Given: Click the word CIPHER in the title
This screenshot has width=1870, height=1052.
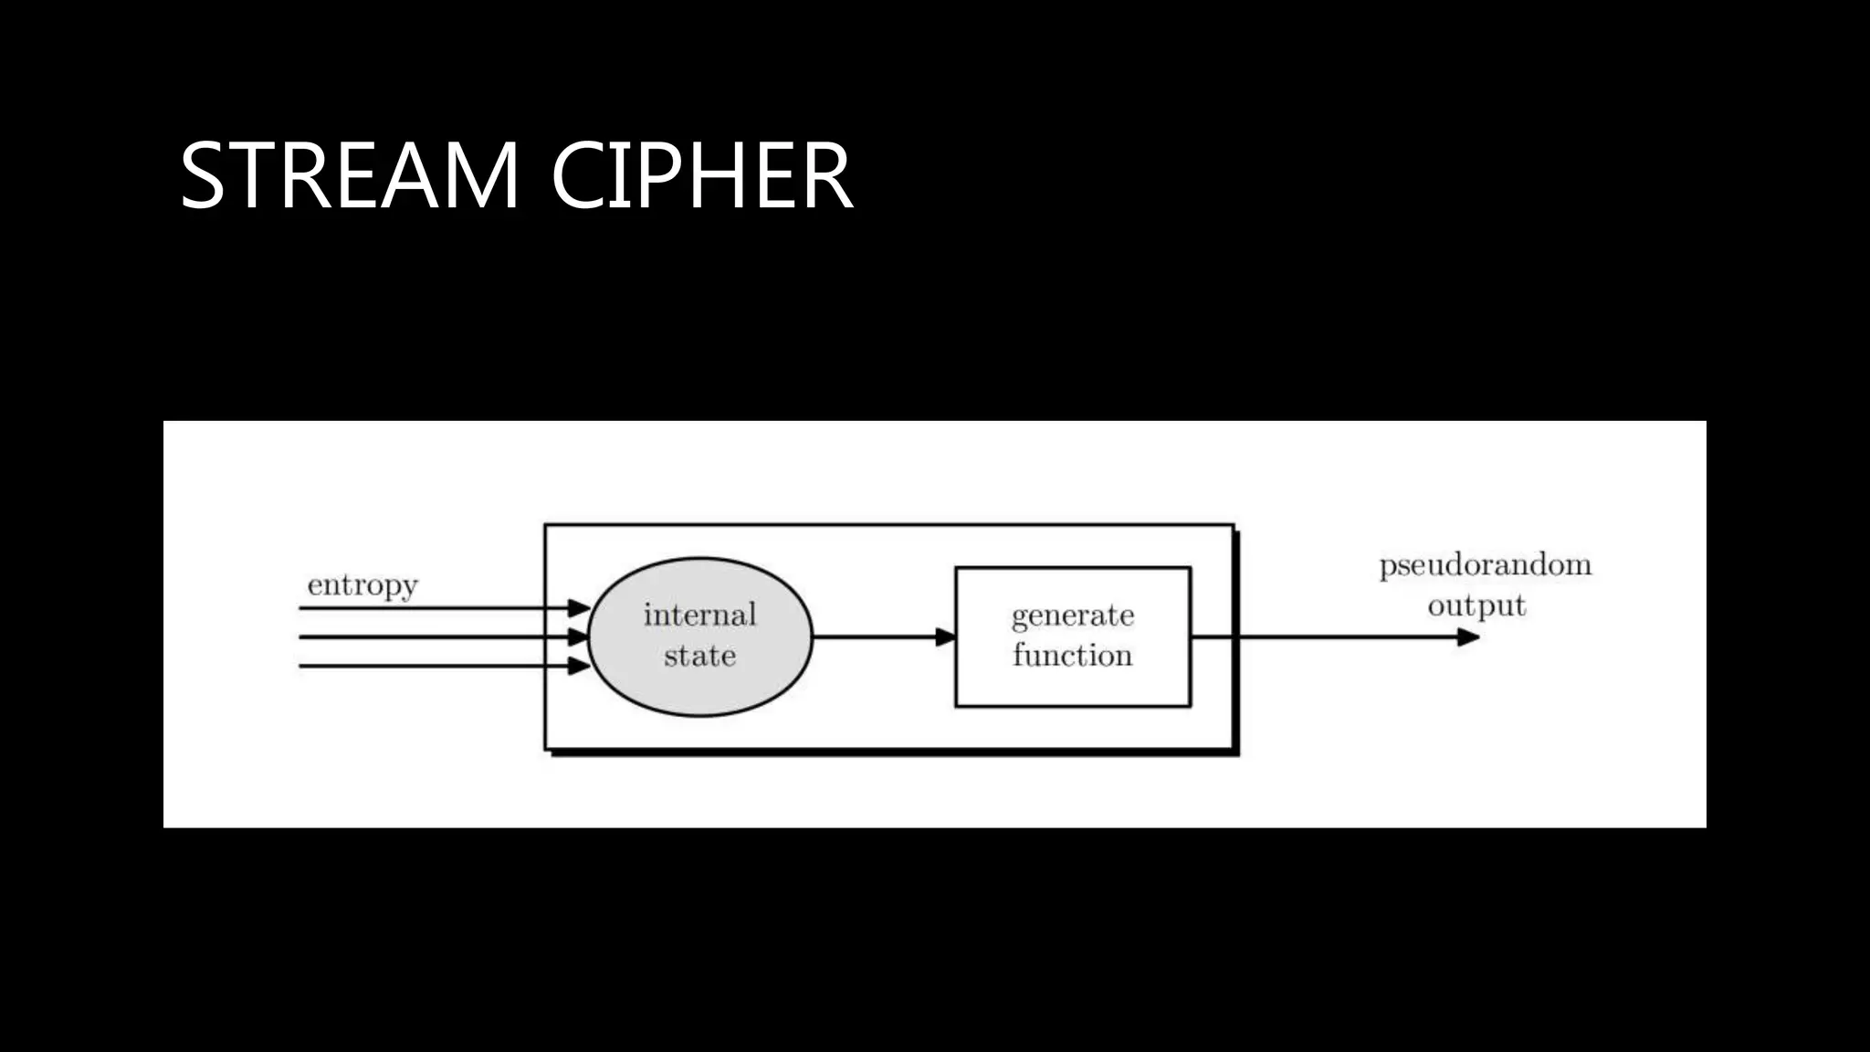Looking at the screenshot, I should pyautogui.click(x=701, y=175).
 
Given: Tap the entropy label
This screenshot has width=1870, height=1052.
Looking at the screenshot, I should pyautogui.click(x=362, y=585).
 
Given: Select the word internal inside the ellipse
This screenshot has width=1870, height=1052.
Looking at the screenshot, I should pyautogui.click(x=699, y=615).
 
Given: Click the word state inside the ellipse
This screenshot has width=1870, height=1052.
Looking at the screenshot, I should pyautogui.click(x=699, y=656).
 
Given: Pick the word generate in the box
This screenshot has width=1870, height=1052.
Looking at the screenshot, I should pyautogui.click(x=1073, y=616).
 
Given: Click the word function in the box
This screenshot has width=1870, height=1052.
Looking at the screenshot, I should pyautogui.click(x=1073, y=656).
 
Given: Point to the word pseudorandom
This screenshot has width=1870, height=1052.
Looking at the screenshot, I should pyautogui.click(x=1485, y=566).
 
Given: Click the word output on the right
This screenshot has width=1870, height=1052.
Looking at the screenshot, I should pyautogui.click(x=1476, y=606).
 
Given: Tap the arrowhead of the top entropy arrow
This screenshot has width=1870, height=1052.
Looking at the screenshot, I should pyautogui.click(x=579, y=607).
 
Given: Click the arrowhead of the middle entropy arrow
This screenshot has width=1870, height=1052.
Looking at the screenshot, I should pyautogui.click(x=579, y=636).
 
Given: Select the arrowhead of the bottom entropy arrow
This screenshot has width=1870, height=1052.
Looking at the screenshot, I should pyautogui.click(x=579, y=666).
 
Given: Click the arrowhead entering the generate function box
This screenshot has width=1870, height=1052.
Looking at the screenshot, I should pyautogui.click(x=946, y=636).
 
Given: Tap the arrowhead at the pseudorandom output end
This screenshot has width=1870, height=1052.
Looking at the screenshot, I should pyautogui.click(x=1467, y=637).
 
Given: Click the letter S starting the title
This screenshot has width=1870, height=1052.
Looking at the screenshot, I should pyautogui.click(x=202, y=175).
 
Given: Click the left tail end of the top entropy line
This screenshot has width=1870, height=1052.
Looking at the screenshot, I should pyautogui.click(x=301, y=607).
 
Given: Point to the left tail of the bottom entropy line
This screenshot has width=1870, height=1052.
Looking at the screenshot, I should pyautogui.click(x=301, y=666).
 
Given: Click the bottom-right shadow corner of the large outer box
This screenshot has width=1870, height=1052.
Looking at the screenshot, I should pyautogui.click(x=1236, y=752).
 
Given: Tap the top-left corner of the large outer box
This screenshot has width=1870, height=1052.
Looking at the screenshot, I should pyautogui.click(x=546, y=525).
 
